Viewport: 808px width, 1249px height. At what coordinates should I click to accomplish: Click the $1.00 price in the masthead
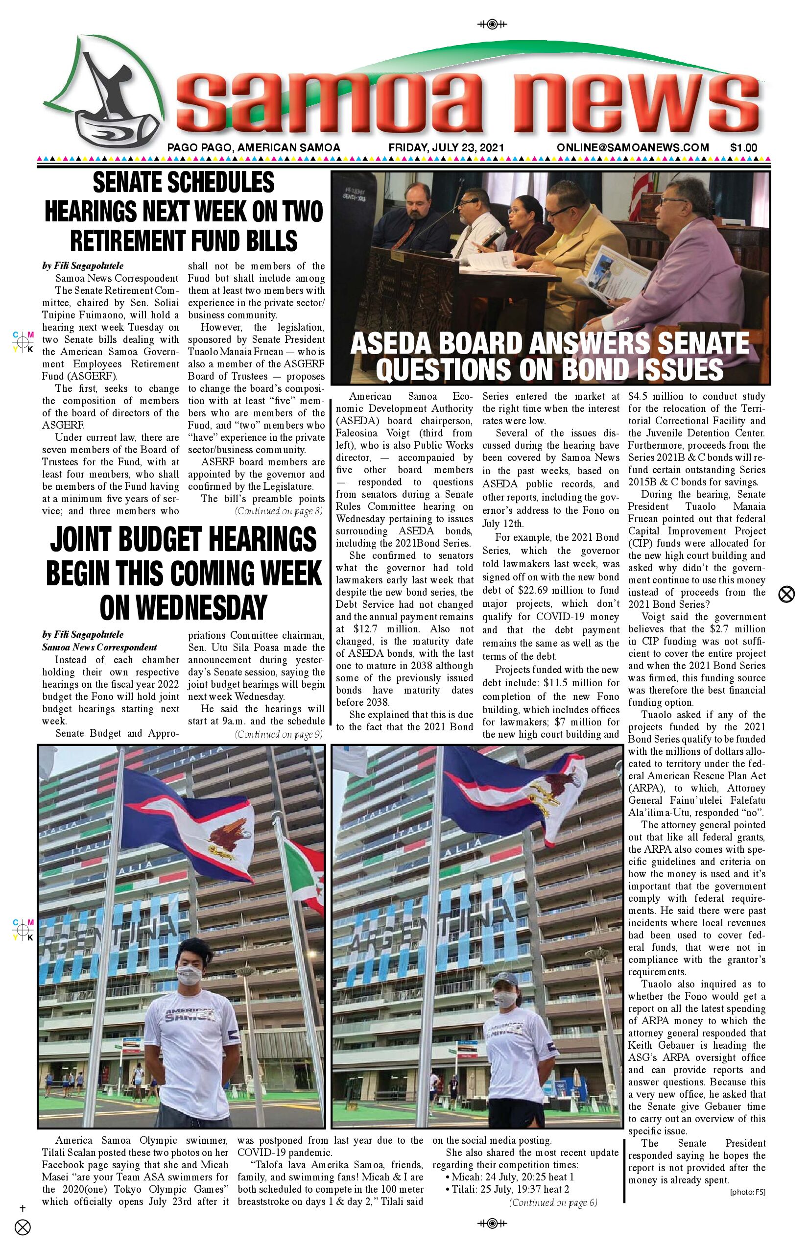pyautogui.click(x=743, y=148)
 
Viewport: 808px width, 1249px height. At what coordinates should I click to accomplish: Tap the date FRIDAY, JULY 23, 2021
pyautogui.click(x=446, y=148)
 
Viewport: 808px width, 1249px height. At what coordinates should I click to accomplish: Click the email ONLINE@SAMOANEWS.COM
pyautogui.click(x=633, y=148)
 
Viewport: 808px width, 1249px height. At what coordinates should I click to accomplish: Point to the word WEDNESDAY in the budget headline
pyautogui.click(x=183, y=608)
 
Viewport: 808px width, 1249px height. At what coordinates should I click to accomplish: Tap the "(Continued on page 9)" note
pyautogui.click(x=279, y=734)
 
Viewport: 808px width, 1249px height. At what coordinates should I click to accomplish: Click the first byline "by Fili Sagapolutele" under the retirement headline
pyautogui.click(x=83, y=266)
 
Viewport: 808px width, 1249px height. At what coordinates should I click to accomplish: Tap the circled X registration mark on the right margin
pyautogui.click(x=786, y=595)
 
